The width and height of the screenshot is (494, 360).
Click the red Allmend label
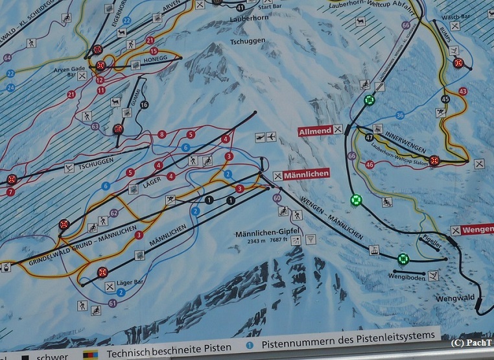(315, 130)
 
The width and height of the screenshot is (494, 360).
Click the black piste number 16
(144, 105)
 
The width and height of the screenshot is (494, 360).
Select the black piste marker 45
(444, 99)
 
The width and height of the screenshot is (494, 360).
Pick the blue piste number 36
(400, 115)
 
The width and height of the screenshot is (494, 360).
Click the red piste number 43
(462, 91)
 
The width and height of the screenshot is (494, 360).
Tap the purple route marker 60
(277, 198)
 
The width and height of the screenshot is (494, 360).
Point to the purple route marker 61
(113, 302)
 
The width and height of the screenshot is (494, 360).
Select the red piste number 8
(161, 134)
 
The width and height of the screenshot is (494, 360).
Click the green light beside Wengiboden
(403, 259)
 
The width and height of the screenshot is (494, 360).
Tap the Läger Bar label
(130, 283)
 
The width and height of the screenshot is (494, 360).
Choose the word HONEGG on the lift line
(156, 59)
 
